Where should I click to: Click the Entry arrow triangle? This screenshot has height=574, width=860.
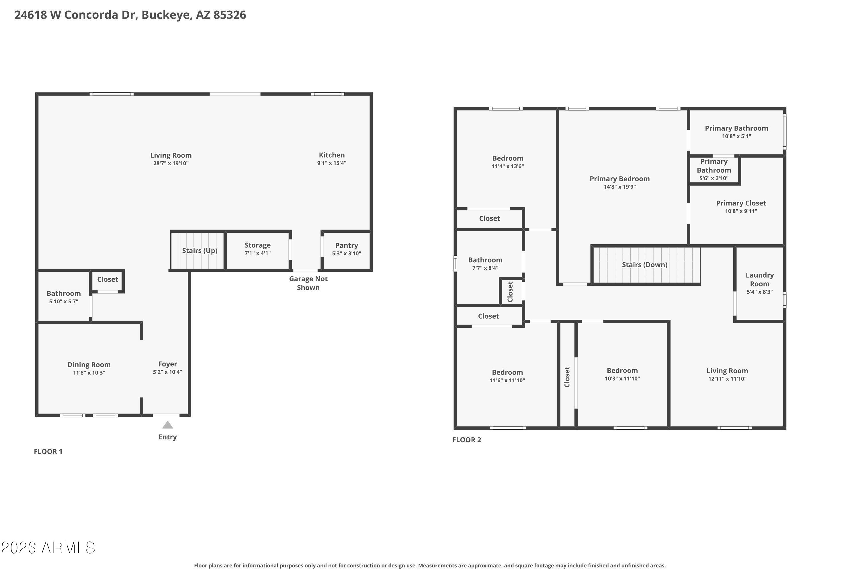click(167, 425)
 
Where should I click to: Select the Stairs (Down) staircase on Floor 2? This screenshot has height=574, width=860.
click(645, 265)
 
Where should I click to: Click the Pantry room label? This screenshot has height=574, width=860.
click(346, 246)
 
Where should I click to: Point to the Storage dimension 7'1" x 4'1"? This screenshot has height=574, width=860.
click(257, 253)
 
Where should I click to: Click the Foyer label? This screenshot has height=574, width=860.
click(167, 364)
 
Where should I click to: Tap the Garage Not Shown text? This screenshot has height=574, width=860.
click(308, 283)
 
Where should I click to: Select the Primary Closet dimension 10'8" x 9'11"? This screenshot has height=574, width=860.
click(741, 211)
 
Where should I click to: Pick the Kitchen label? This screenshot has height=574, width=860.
click(332, 155)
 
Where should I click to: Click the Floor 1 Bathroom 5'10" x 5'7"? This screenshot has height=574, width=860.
click(64, 297)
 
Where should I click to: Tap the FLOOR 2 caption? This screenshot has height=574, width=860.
click(467, 440)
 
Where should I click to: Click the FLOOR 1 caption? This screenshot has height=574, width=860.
click(48, 452)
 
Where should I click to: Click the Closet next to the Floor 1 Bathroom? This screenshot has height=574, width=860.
click(107, 279)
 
